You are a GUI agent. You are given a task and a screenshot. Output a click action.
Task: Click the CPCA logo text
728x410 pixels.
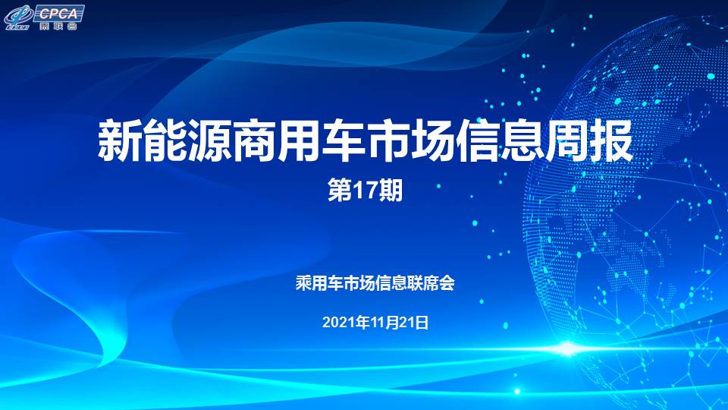pyautogui.click(x=58, y=13)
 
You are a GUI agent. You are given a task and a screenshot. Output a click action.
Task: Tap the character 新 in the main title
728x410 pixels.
pyautogui.click(x=120, y=140)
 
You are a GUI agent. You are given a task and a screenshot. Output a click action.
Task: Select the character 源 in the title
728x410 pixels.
pyautogui.click(x=210, y=140)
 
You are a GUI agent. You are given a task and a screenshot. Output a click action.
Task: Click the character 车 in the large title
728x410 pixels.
pyautogui.click(x=344, y=140)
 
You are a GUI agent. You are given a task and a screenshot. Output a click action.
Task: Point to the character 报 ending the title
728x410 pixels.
pyautogui.click(x=612, y=140)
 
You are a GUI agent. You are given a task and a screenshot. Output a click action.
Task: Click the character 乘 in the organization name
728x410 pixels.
pyautogui.click(x=303, y=282)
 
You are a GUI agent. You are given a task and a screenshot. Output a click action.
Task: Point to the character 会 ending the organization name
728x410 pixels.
pyautogui.click(x=447, y=282)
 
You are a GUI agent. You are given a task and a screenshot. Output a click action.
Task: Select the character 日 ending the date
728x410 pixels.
pyautogui.click(x=422, y=323)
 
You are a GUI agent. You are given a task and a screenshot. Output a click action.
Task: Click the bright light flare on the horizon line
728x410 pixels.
pyautogui.click(x=567, y=348)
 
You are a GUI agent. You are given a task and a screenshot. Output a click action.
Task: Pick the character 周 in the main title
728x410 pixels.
pyautogui.click(x=567, y=140)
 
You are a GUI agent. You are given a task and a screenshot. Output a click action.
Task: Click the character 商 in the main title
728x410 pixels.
pyautogui.click(x=255, y=140)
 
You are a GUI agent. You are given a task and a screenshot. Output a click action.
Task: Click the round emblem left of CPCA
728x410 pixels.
pyautogui.click(x=18, y=17)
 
